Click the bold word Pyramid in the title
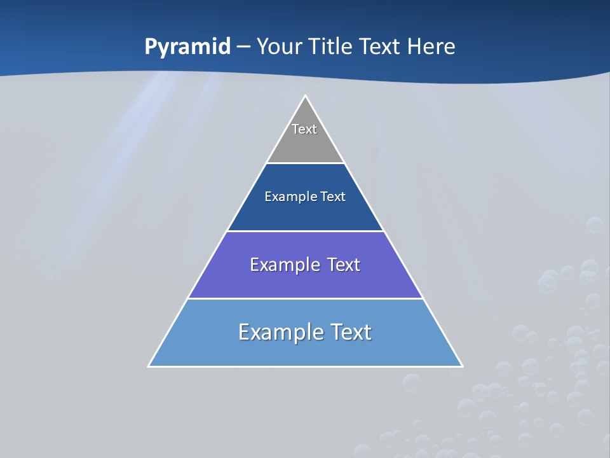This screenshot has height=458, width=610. (187, 47)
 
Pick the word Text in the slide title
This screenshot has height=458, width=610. (382, 47)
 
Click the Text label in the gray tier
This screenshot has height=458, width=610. (304, 129)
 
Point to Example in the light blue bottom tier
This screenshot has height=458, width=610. (279, 332)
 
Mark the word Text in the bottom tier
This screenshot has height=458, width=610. (349, 332)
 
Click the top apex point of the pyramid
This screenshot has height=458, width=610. (305, 96)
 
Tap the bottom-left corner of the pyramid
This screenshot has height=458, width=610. (149, 366)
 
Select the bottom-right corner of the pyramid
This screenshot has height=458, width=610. (462, 366)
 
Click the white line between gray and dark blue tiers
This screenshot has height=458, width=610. (305, 163)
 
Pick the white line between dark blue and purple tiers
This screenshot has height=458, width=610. (305, 231)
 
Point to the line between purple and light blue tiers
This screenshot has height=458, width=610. (305, 298)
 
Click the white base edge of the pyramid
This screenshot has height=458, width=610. (305, 366)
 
